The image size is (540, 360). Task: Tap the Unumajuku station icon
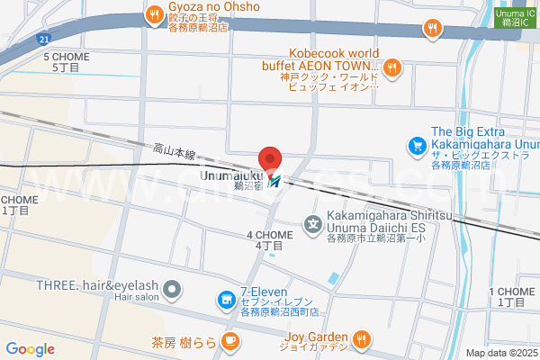tap(274, 181)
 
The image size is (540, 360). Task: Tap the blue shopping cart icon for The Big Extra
tap(417, 144)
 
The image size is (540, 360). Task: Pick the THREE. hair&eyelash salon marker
tap(174, 289)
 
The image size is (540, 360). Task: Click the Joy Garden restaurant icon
tap(361, 339)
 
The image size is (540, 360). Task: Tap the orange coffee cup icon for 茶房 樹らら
tap(229, 341)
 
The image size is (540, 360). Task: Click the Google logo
tap(30, 349)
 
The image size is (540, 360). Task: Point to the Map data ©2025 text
tap(500, 353)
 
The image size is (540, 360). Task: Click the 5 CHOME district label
tap(66, 61)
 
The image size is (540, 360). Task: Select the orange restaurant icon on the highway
tap(433, 28)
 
